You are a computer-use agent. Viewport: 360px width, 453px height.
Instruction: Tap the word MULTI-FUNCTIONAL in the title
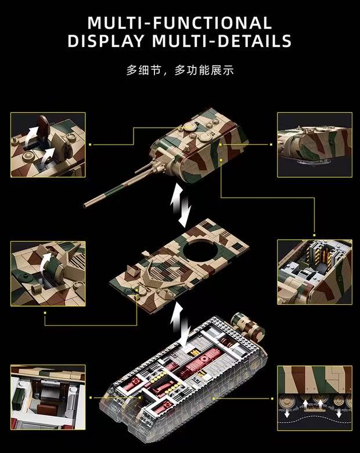[179, 23]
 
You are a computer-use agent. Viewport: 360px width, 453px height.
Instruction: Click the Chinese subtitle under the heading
[180, 71]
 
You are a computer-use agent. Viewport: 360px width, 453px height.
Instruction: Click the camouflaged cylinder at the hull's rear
[244, 323]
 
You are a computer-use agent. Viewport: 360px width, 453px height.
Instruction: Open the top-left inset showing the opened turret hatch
[48, 145]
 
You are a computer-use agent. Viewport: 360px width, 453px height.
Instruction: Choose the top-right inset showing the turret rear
[314, 145]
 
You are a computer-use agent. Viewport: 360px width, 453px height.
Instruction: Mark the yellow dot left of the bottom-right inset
[273, 398]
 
